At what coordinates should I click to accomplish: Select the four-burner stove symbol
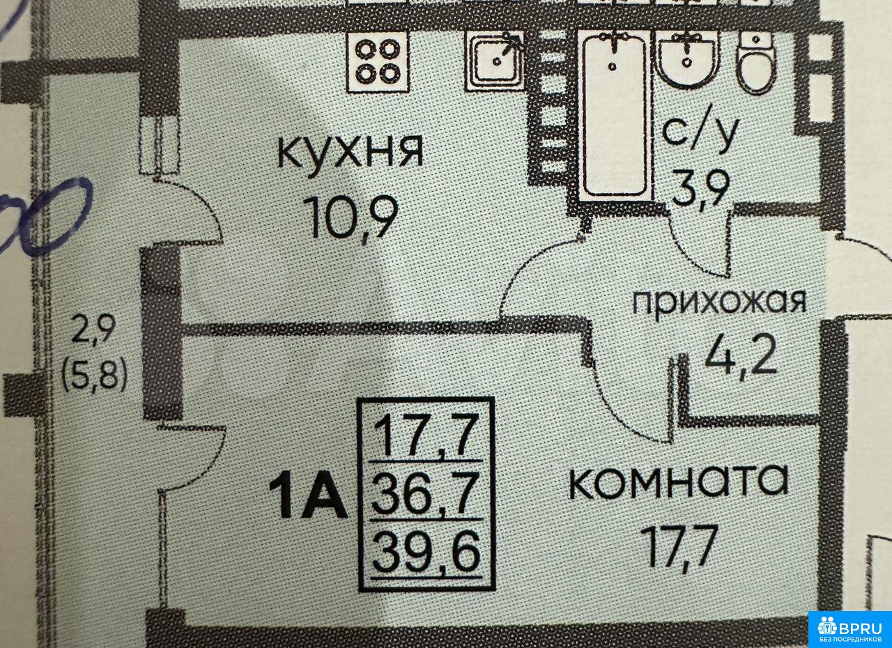(x=377, y=61)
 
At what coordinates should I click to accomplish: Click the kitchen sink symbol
(x=495, y=61)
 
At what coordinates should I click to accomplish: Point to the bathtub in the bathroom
(x=613, y=115)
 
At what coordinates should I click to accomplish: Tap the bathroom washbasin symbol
(x=687, y=59)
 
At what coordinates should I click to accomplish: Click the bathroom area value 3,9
(x=700, y=186)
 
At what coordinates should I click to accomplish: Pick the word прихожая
(x=719, y=302)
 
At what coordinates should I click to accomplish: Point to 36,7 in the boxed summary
(x=425, y=494)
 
